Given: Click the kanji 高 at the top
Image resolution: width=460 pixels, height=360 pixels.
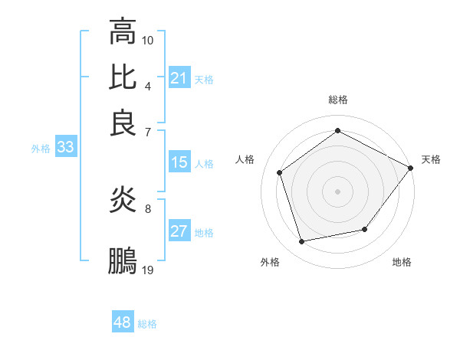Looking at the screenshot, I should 123,32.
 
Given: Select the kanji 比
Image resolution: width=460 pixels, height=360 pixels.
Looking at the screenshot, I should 123,77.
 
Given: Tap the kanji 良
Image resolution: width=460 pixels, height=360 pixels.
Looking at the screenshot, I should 123,123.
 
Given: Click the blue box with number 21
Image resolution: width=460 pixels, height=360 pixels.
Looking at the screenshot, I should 179,78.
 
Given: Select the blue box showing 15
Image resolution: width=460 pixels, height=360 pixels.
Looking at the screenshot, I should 179,162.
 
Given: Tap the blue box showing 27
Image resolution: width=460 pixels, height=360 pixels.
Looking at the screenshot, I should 179,232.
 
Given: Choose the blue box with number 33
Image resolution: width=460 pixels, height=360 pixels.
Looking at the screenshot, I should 65,148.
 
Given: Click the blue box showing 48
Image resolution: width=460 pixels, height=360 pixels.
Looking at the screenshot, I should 123,322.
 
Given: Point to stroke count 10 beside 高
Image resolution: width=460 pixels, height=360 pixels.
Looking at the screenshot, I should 148,39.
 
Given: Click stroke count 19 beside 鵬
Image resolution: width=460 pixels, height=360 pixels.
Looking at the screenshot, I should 148,270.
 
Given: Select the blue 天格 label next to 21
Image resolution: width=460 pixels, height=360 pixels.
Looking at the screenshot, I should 204,80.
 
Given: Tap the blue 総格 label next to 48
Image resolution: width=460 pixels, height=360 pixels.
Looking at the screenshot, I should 147,324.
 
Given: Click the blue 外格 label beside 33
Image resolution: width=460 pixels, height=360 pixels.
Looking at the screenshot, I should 41,149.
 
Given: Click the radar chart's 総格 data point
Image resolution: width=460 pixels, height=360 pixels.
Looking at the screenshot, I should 338,130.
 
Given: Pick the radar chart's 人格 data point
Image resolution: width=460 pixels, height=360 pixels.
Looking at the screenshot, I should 280,172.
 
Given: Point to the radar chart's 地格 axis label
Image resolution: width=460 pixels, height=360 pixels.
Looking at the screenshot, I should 402,263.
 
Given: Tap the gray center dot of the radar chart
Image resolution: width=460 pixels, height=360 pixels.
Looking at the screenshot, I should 338,191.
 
